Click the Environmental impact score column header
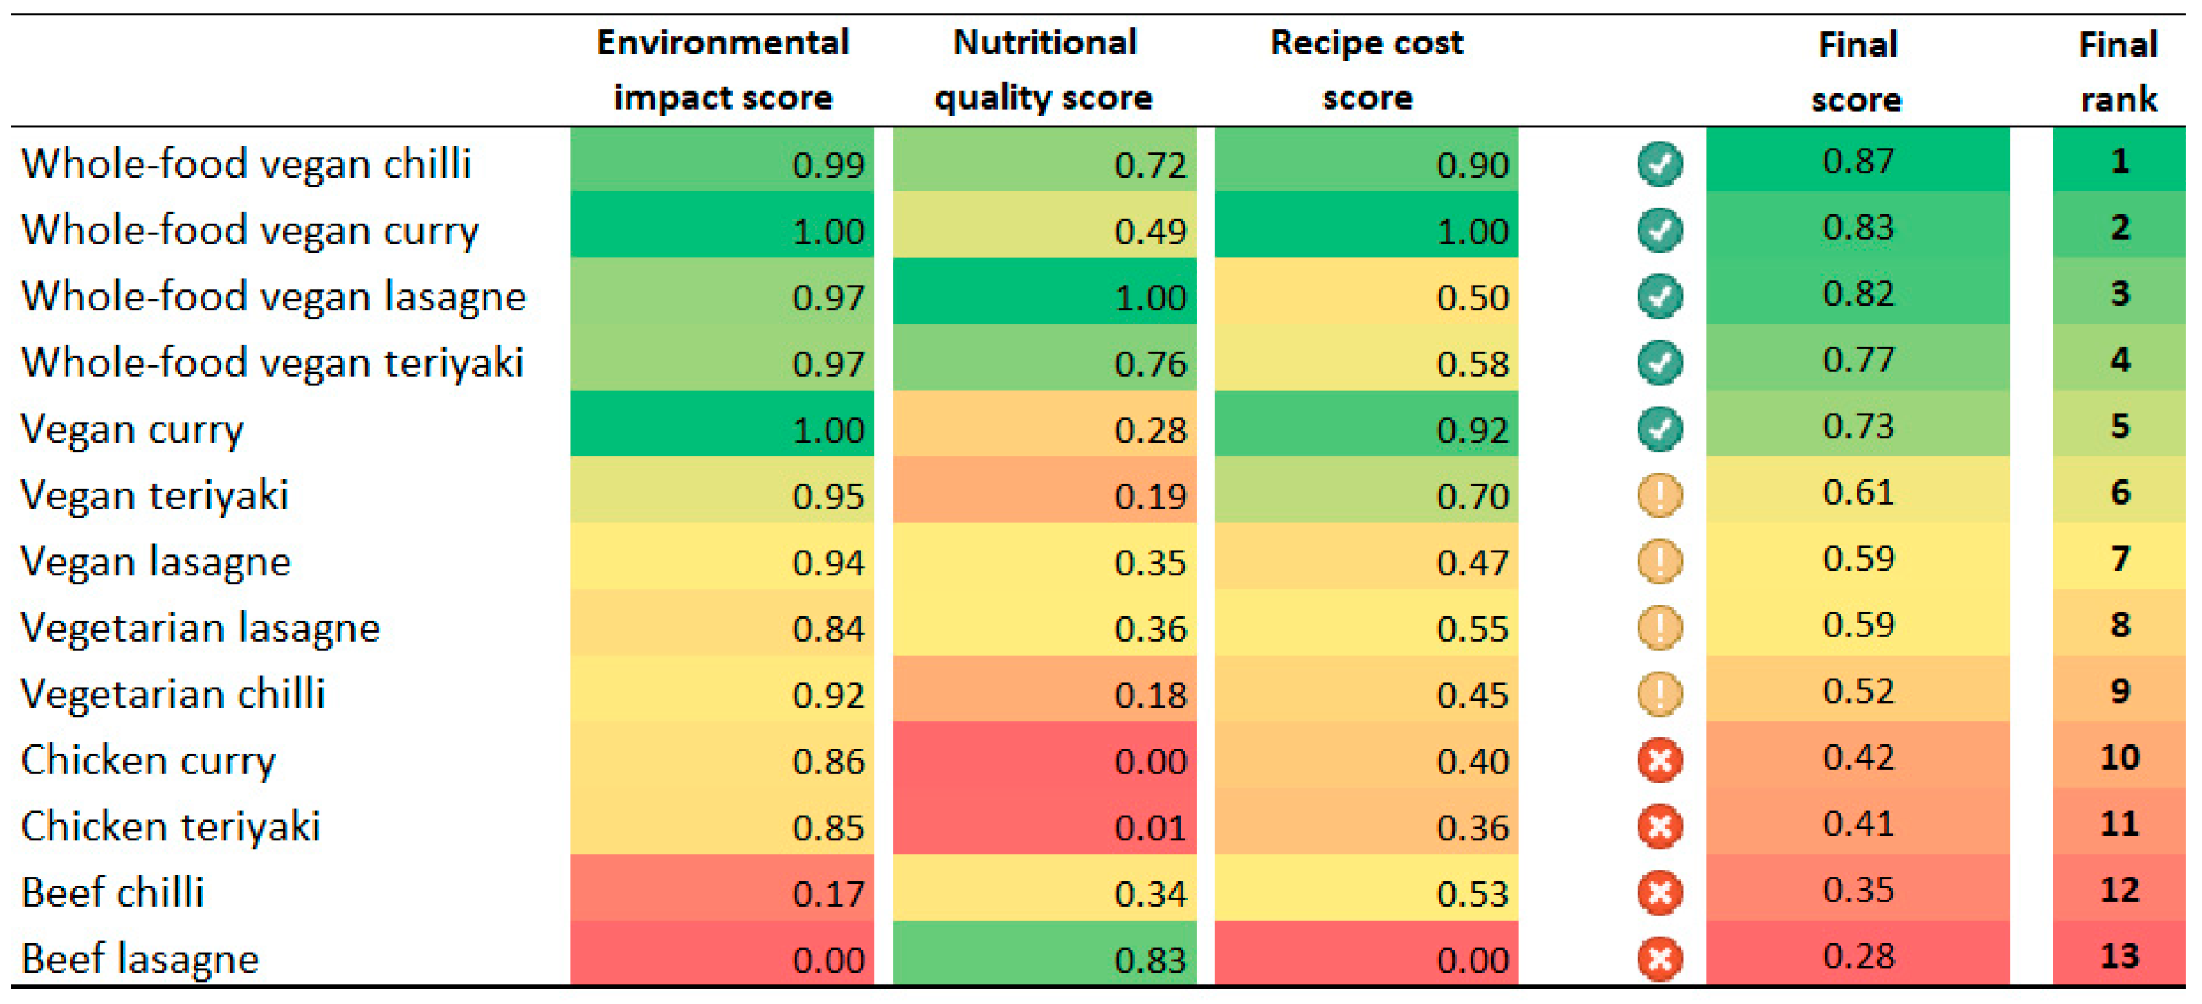tap(722, 70)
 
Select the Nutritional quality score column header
tap(1044, 70)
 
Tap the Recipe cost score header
tap(1366, 70)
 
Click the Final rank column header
tap(2119, 72)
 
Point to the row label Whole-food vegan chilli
tap(247, 163)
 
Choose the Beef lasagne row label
tap(139, 959)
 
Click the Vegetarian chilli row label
tap(173, 694)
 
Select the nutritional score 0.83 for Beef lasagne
tap(1150, 960)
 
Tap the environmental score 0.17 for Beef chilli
tap(828, 894)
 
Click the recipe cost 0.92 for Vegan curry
tap(1472, 430)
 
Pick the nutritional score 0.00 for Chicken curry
tap(1150, 761)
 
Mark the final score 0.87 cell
tap(1857, 161)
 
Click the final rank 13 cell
tap(2119, 956)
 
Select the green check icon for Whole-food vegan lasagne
tap(1659, 296)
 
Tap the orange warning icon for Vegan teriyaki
tap(1659, 495)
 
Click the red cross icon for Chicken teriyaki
tap(1659, 826)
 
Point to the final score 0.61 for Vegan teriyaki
tap(1857, 492)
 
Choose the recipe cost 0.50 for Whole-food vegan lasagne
tap(1472, 296)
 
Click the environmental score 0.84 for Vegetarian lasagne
tap(828, 629)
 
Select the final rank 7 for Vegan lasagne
tap(2119, 558)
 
